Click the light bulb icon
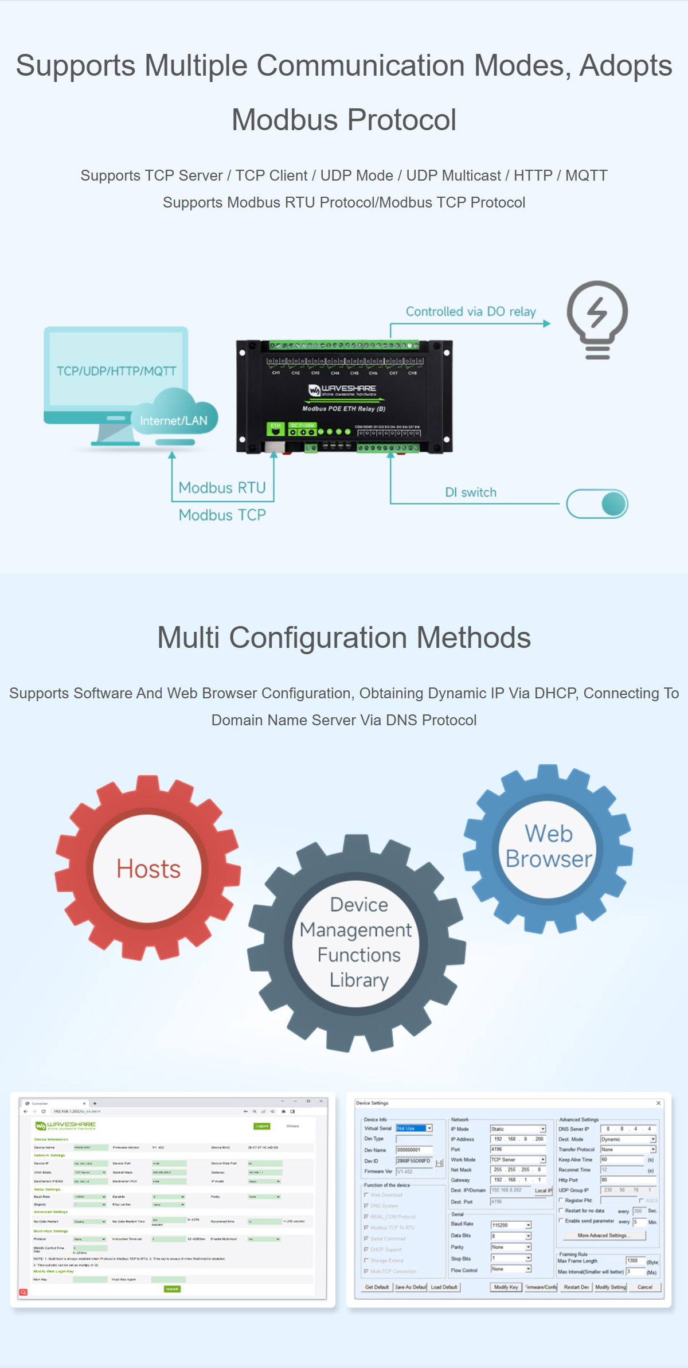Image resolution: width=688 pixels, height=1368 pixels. point(597,319)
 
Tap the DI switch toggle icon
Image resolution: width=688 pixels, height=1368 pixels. point(597,503)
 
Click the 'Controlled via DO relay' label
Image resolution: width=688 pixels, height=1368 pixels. point(471,311)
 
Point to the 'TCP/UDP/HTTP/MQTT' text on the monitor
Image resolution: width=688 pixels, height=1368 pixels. point(116,371)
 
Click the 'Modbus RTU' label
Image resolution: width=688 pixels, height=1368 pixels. point(222,487)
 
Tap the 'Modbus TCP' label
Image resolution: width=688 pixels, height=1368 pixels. point(222,515)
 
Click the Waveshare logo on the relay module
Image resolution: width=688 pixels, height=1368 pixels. point(342,390)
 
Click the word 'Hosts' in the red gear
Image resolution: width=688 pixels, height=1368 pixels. point(148,869)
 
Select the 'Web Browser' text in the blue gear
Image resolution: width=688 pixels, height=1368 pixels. point(549,846)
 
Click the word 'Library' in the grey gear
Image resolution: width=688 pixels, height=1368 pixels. point(359,980)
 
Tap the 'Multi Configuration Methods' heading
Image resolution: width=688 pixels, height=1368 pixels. point(344,638)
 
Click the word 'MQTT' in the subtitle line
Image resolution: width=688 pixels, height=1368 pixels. point(586,175)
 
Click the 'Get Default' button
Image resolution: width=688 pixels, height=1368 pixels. point(377,1287)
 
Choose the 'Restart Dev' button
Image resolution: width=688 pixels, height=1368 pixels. point(576,1287)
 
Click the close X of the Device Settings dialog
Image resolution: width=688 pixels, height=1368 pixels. point(658,1103)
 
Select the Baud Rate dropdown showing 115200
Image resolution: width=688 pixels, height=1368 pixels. point(510,1225)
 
